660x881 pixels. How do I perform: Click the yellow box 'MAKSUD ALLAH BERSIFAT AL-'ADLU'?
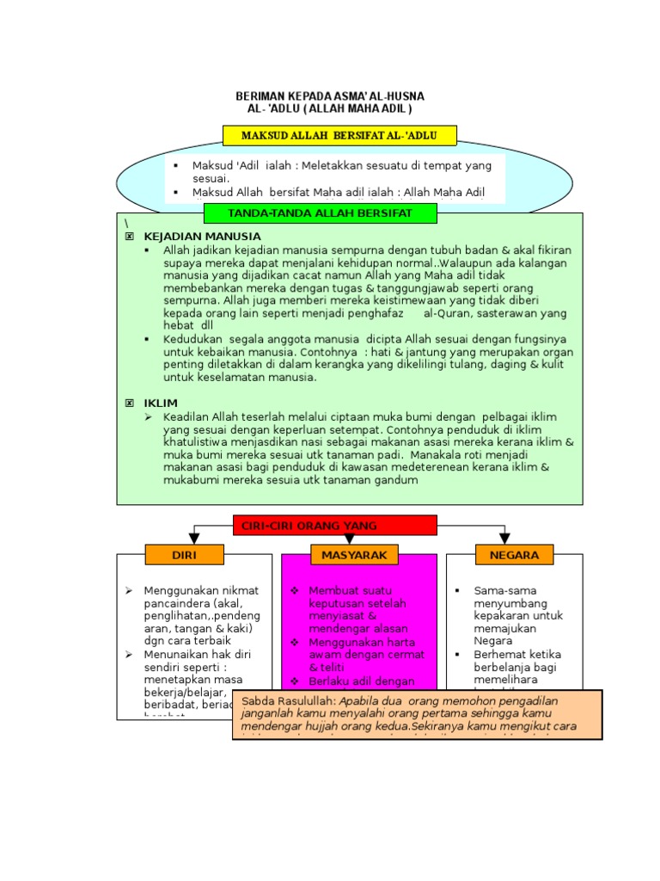[339, 136]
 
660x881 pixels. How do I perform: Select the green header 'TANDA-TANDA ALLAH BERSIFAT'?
[320, 213]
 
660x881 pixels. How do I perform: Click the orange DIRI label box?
[184, 555]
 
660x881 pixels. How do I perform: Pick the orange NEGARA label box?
[514, 555]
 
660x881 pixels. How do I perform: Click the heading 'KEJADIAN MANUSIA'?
[202, 236]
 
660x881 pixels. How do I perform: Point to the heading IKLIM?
[161, 403]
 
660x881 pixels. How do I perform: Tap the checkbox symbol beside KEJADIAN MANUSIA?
[130, 236]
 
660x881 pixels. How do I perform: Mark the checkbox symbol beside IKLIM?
[130, 403]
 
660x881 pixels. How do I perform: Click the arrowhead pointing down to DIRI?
[194, 539]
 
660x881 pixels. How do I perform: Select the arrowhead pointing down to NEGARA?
[504, 539]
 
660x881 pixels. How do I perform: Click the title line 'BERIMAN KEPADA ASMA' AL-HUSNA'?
[330, 95]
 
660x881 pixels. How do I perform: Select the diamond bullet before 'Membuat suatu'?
[294, 590]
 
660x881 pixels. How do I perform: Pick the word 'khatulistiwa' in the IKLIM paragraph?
[196, 441]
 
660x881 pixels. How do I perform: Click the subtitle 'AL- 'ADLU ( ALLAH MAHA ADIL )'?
[330, 109]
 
